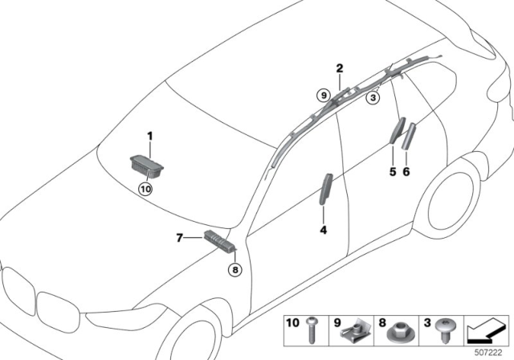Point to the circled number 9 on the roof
click(323, 96)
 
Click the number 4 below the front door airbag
click(324, 231)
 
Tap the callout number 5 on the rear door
click(393, 170)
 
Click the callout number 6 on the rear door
click(406, 170)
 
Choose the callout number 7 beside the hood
click(180, 237)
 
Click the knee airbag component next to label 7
click(217, 239)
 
